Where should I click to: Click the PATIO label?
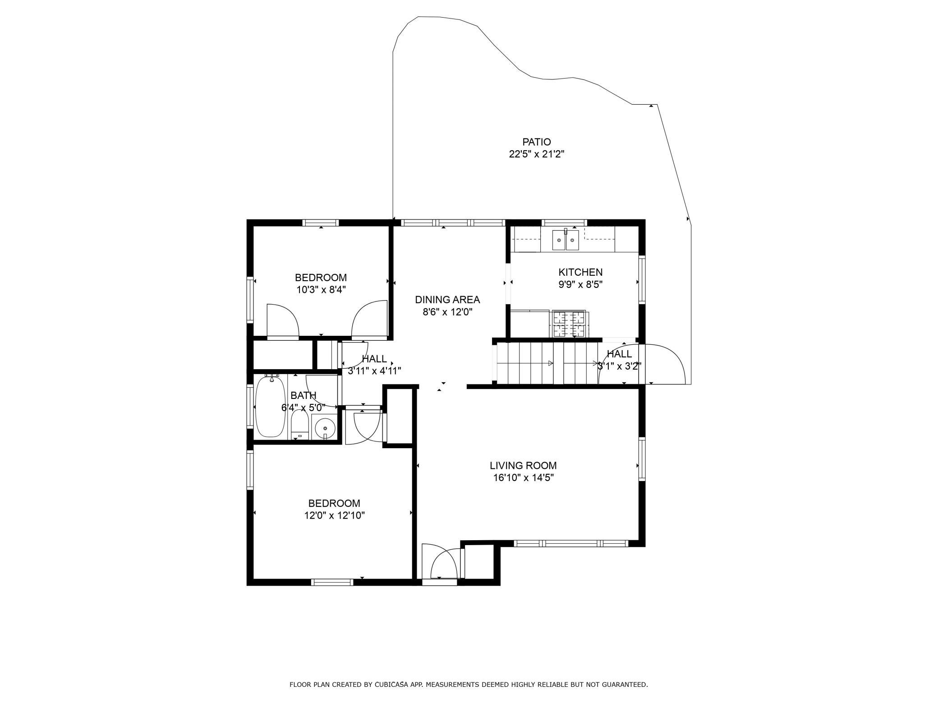pos(537,142)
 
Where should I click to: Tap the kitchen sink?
pos(566,240)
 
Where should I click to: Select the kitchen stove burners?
pos(569,324)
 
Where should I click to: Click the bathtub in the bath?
pos(270,407)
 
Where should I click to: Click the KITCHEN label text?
pos(580,272)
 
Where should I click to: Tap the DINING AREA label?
pos(447,300)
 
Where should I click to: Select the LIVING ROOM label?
pos(523,465)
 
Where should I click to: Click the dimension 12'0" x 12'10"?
pos(334,515)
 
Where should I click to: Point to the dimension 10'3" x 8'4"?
pos(321,290)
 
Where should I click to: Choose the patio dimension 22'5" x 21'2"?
pos(537,154)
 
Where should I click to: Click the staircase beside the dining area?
pos(547,363)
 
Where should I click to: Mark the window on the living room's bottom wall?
pos(571,543)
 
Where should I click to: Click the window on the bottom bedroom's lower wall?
pos(333,582)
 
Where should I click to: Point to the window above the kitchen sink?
pos(565,222)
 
